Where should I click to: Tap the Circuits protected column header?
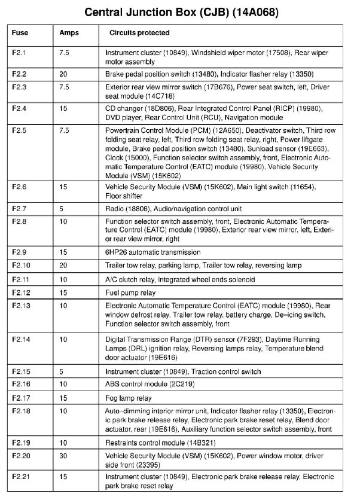tap(139, 33)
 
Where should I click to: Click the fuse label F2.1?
tap(20, 53)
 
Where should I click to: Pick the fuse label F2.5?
tap(20, 130)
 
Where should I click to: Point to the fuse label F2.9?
tap(20, 252)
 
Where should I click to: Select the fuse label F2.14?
tap(22, 339)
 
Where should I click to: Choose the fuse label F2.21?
tap(22, 477)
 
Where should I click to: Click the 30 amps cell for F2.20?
tap(63, 456)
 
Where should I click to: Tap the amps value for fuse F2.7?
tap(62, 209)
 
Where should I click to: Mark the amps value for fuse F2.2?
tap(63, 74)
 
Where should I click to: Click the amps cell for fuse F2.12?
tap(63, 292)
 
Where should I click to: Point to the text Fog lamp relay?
tap(129, 398)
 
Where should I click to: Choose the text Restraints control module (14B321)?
tap(160, 443)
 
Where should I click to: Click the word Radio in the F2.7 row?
tap(114, 209)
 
